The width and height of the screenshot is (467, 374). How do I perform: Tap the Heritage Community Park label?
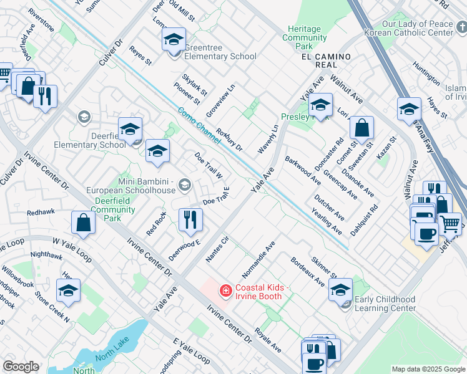click(x=304, y=37)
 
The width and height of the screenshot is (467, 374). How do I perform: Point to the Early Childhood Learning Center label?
click(x=385, y=304)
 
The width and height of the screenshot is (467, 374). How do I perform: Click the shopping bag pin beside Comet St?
click(x=361, y=129)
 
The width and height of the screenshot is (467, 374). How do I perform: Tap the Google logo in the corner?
click(x=21, y=367)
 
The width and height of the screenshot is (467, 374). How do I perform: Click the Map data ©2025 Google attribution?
click(x=428, y=369)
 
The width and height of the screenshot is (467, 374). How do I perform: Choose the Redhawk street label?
click(x=41, y=212)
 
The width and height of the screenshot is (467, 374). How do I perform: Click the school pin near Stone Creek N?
click(x=68, y=291)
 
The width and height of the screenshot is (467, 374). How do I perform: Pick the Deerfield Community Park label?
click(x=108, y=209)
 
